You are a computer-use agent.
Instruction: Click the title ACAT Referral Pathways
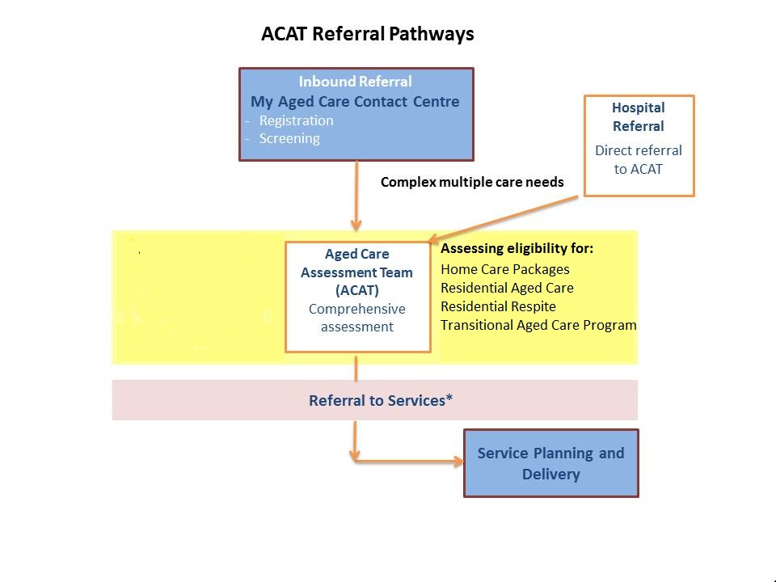pyautogui.click(x=367, y=34)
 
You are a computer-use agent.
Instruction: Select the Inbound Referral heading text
pyautogui.click(x=355, y=81)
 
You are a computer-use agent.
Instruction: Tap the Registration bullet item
pyautogui.click(x=296, y=120)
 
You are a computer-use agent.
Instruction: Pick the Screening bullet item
pyautogui.click(x=289, y=138)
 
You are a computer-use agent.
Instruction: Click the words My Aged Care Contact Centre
pyautogui.click(x=355, y=102)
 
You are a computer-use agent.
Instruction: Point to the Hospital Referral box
pyautogui.click(x=639, y=145)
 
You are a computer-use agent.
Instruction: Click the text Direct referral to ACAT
pyautogui.click(x=639, y=159)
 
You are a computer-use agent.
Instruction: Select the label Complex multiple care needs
pyautogui.click(x=472, y=182)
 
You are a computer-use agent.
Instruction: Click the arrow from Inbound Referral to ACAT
pyautogui.click(x=356, y=196)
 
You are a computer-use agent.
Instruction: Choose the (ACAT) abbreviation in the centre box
pyautogui.click(x=356, y=290)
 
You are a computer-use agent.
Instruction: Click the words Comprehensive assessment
pyautogui.click(x=356, y=318)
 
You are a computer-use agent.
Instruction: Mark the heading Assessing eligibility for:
pyautogui.click(x=517, y=248)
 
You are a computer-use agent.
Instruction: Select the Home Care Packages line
pyautogui.click(x=504, y=269)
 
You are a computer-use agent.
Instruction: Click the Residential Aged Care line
pyautogui.click(x=507, y=288)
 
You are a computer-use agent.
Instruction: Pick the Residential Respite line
pyautogui.click(x=498, y=306)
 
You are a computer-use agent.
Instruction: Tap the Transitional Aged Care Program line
pyautogui.click(x=538, y=325)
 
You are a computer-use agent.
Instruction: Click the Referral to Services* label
pyautogui.click(x=381, y=400)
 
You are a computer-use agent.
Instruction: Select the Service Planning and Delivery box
pyautogui.click(x=551, y=463)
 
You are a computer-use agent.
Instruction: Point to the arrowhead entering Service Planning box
pyautogui.click(x=459, y=462)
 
